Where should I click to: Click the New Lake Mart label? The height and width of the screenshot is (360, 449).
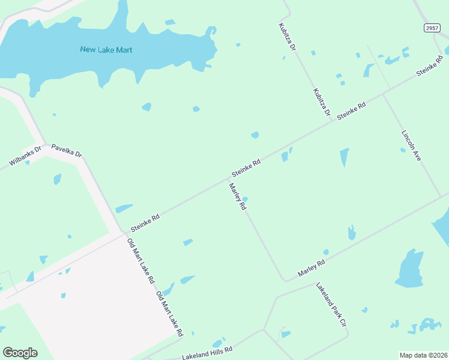[x=106, y=49]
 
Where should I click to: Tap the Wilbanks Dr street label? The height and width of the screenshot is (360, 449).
[x=25, y=156]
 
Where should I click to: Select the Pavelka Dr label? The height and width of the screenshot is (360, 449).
[x=66, y=150]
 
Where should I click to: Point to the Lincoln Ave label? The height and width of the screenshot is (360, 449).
[x=411, y=145]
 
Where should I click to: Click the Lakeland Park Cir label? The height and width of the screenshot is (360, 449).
[x=331, y=305]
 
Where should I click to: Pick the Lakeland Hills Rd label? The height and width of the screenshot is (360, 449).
[x=206, y=353]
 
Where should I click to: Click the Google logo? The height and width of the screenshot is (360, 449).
[x=20, y=352]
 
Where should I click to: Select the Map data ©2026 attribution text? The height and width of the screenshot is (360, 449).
[x=423, y=355]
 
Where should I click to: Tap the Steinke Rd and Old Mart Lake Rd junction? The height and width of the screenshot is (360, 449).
[x=124, y=233]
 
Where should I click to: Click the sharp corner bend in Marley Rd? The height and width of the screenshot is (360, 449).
[x=287, y=280]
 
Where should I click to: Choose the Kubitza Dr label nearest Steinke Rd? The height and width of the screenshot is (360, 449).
[x=321, y=102]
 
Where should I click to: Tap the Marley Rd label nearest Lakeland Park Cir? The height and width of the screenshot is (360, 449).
[x=312, y=268]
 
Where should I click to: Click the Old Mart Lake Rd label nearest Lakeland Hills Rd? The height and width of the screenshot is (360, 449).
[x=169, y=314]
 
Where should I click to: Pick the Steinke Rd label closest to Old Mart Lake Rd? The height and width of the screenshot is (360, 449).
[x=145, y=221]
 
